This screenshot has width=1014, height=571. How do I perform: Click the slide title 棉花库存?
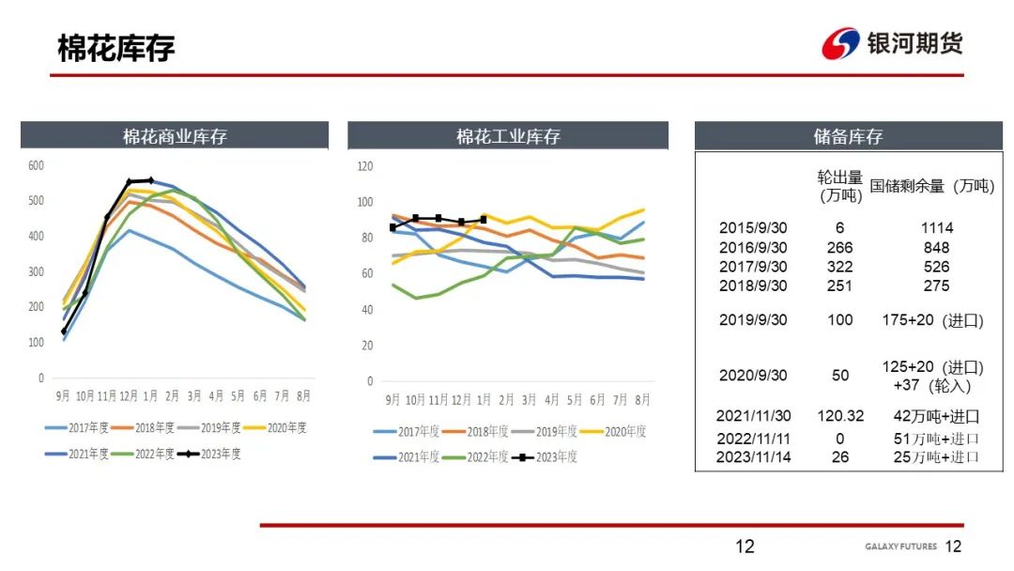click(x=116, y=49)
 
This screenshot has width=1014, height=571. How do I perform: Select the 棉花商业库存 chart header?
click(x=175, y=136)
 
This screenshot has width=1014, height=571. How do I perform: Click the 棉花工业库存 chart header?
click(x=508, y=136)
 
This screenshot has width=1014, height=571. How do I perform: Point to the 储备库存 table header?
click(x=848, y=136)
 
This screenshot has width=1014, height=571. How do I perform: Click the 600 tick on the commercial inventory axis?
click(x=37, y=165)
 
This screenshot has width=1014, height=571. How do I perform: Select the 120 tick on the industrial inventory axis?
click(x=365, y=166)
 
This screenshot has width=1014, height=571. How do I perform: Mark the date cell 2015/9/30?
click(x=753, y=228)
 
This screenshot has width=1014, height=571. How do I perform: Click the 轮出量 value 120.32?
click(x=840, y=416)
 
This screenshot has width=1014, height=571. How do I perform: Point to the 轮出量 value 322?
click(x=840, y=267)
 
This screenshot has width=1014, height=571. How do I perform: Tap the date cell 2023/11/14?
click(x=753, y=457)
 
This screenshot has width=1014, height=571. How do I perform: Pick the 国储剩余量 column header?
click(x=931, y=186)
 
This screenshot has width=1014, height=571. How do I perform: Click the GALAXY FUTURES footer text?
click(x=899, y=547)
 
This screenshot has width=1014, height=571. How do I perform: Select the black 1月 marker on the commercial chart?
click(x=151, y=179)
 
